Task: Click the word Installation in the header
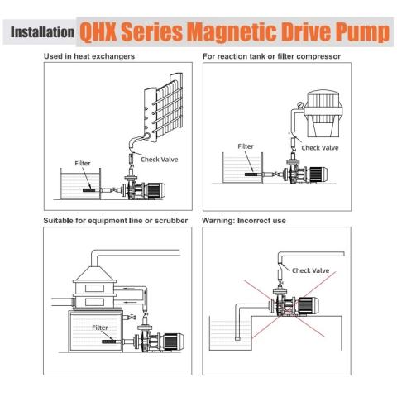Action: point(42,32)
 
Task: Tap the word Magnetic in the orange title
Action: point(232,32)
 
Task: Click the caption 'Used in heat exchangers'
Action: point(89,56)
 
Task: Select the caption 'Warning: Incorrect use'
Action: point(244,221)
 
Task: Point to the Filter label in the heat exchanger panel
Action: point(83,163)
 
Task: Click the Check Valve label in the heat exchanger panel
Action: point(160,160)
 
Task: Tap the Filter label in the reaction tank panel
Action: point(246,146)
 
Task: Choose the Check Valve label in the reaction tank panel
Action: point(320,148)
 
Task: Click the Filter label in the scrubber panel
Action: point(100,328)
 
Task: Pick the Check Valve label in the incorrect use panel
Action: point(310,270)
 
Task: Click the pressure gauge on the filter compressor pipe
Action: point(300,105)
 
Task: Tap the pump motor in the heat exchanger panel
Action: point(155,190)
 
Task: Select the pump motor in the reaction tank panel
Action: point(318,175)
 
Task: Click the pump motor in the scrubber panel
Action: point(174,341)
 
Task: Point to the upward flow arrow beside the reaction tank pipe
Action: point(289,135)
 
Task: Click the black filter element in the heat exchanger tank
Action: point(88,190)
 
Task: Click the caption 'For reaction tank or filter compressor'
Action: point(271,56)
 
